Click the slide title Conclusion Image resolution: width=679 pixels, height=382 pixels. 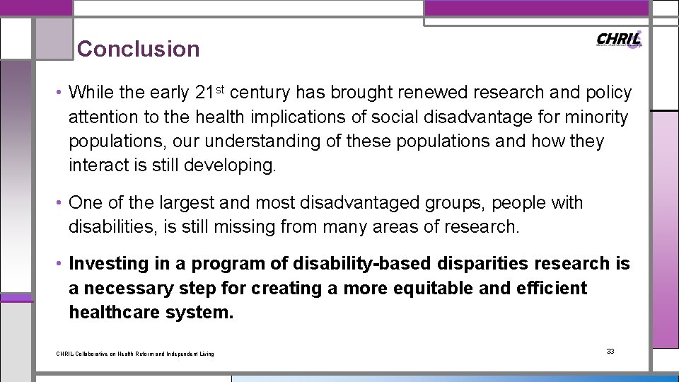coord(139,50)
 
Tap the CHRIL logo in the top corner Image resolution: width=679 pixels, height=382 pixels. coord(619,40)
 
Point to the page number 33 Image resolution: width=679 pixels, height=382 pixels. coord(610,352)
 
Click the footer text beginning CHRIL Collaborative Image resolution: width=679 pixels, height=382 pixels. coord(135,354)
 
